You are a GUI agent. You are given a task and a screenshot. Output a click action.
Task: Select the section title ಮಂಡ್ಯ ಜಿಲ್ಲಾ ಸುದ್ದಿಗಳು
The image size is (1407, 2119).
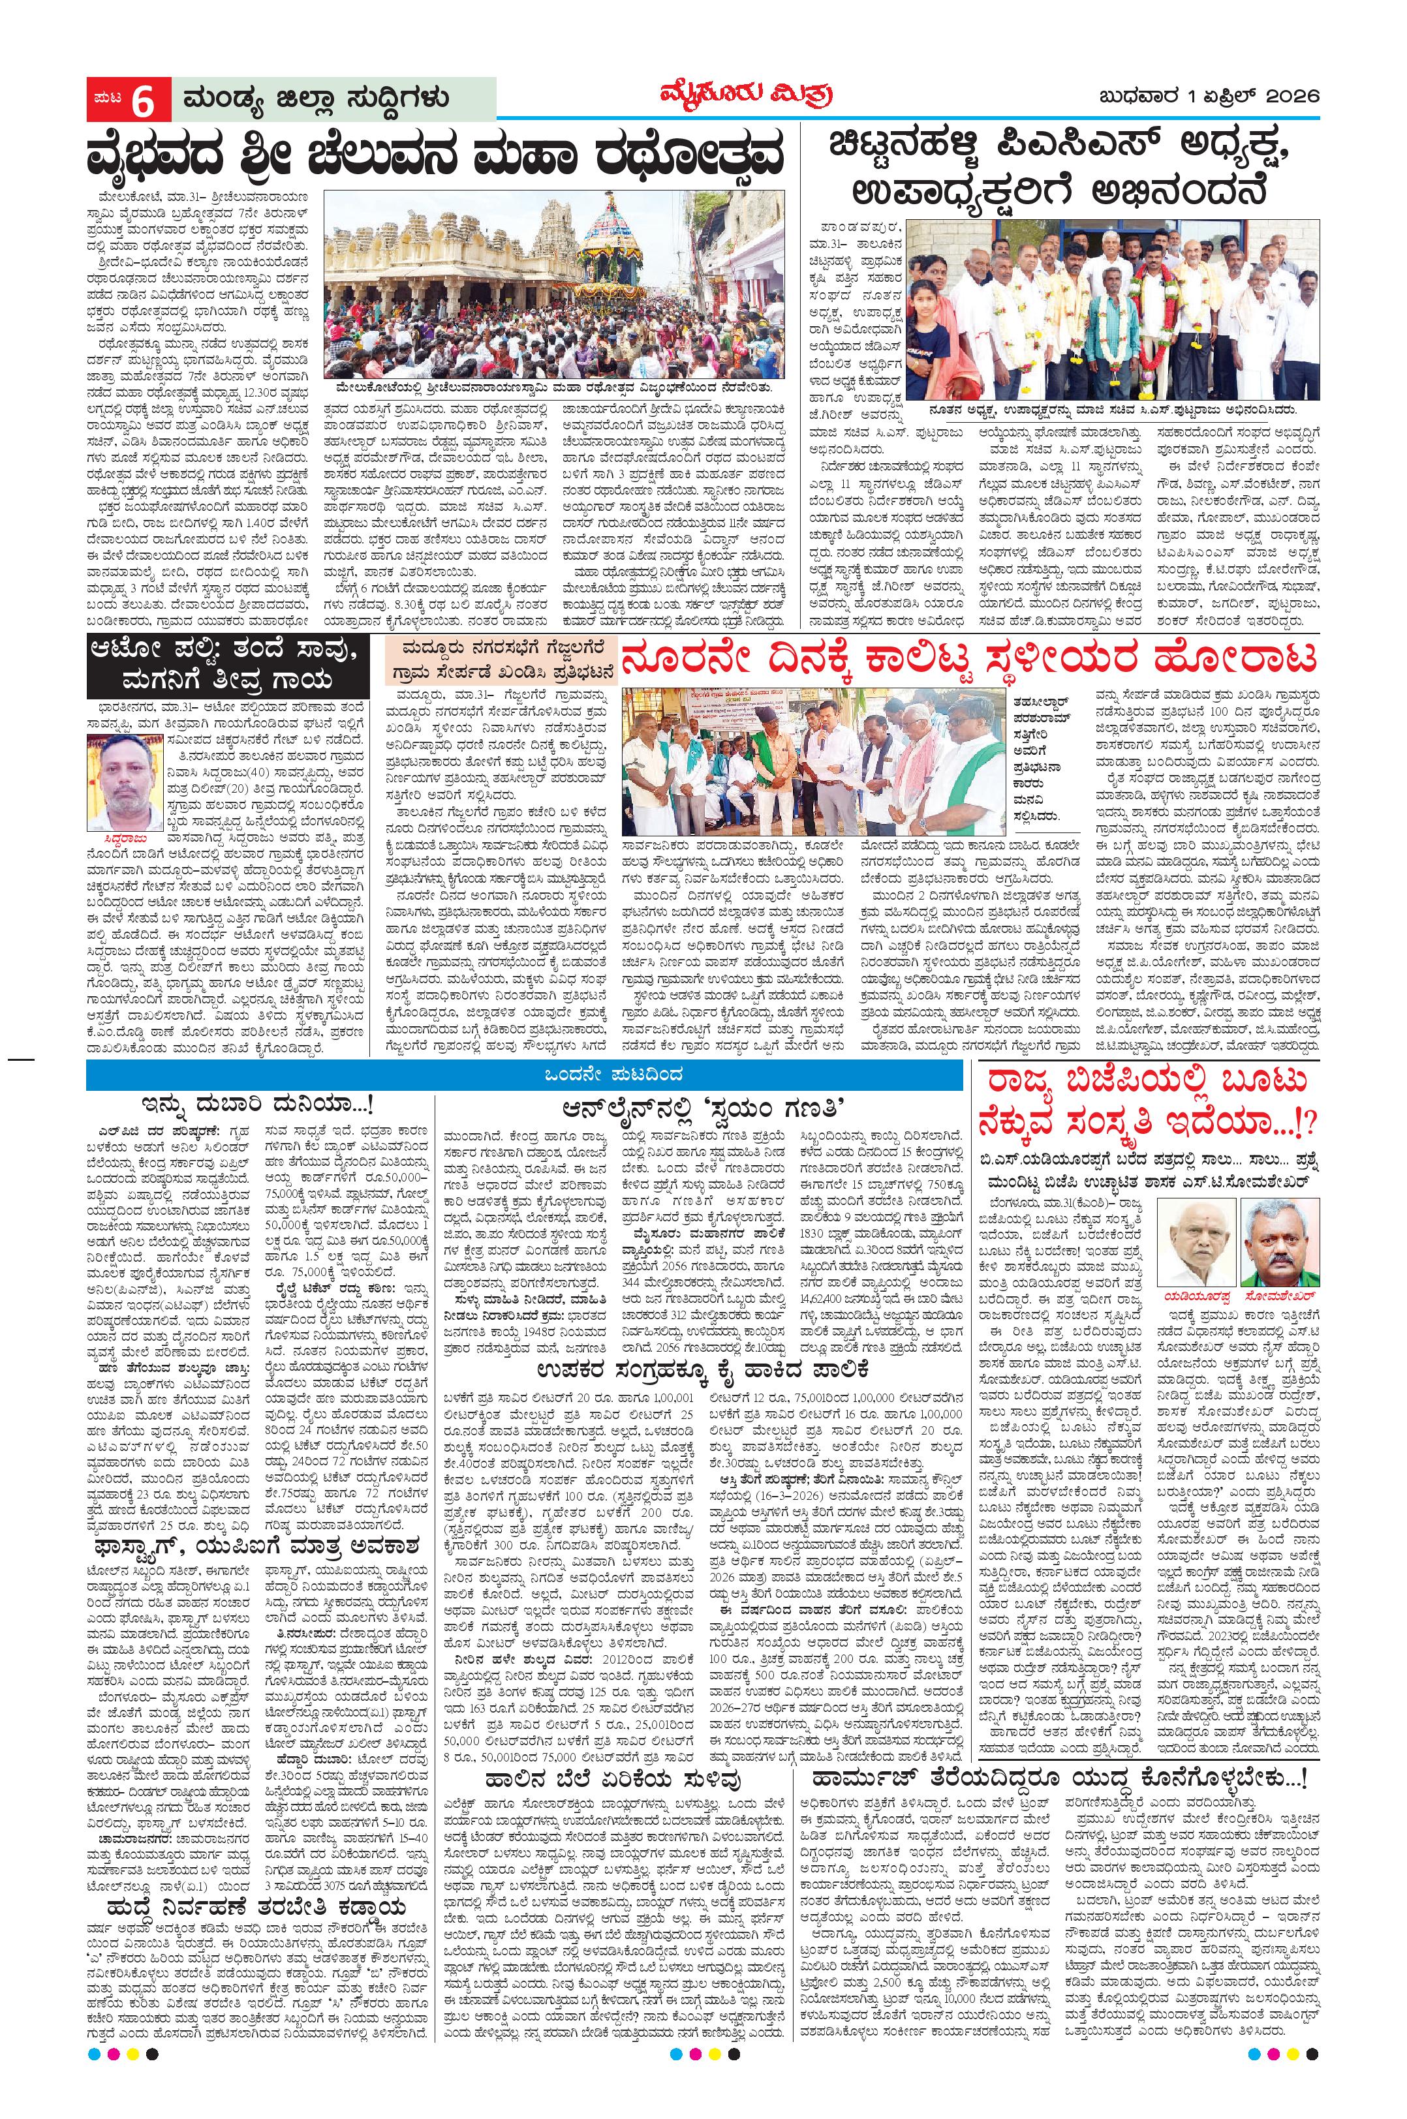pyautogui.click(x=315, y=99)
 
